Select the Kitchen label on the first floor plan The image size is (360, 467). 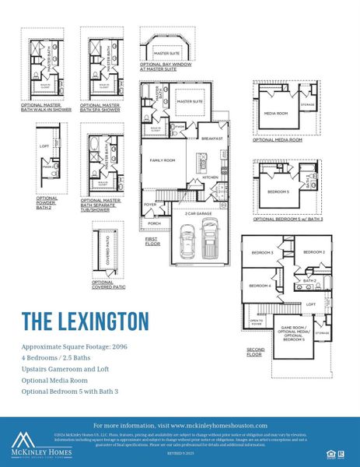tap(210, 177)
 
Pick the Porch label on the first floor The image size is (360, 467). tap(154, 223)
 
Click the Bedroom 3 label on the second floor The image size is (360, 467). tap(261, 253)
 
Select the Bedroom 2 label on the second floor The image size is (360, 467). tap(313, 252)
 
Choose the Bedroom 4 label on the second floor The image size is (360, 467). tap(260, 286)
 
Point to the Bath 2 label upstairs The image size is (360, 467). tap(309, 280)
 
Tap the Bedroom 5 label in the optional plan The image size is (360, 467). tap(278, 191)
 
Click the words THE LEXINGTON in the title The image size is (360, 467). tap(84, 320)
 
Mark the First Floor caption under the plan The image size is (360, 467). tap(152, 241)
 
